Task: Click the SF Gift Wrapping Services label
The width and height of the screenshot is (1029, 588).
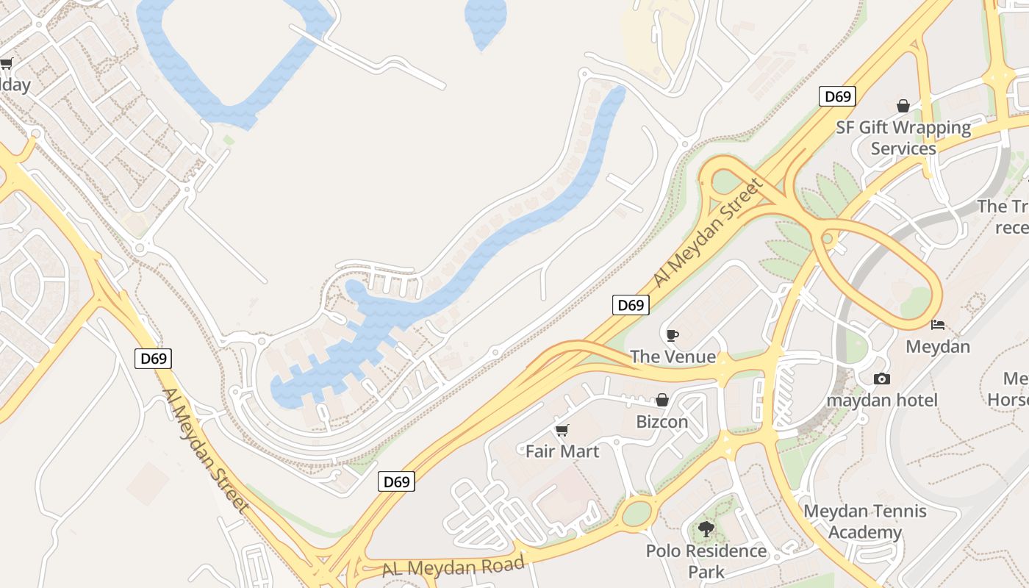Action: click(903, 138)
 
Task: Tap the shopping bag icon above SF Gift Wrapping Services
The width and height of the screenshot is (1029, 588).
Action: click(903, 107)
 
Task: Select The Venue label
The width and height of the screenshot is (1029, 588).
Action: click(673, 357)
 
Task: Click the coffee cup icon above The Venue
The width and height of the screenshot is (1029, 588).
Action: click(672, 336)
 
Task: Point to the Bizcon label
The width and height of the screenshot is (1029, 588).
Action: click(662, 422)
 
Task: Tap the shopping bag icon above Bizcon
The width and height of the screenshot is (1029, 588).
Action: click(662, 401)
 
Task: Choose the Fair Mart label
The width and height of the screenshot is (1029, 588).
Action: click(562, 451)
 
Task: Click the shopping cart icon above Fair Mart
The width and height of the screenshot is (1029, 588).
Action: click(562, 430)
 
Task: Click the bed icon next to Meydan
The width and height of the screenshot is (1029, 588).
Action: click(938, 324)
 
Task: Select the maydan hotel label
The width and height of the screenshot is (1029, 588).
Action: click(882, 401)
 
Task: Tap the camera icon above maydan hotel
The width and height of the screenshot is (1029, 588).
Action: click(882, 379)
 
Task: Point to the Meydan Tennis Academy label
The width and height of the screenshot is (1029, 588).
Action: click(865, 522)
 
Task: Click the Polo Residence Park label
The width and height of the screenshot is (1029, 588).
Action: click(706, 561)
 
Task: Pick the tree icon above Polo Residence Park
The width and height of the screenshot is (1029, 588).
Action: click(706, 528)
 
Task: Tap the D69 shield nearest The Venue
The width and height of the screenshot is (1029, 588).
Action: click(631, 305)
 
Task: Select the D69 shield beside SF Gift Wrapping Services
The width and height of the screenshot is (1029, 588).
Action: click(837, 96)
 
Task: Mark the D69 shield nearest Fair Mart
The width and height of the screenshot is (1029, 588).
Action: click(397, 481)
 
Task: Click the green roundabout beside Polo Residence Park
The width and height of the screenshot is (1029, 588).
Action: click(637, 514)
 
